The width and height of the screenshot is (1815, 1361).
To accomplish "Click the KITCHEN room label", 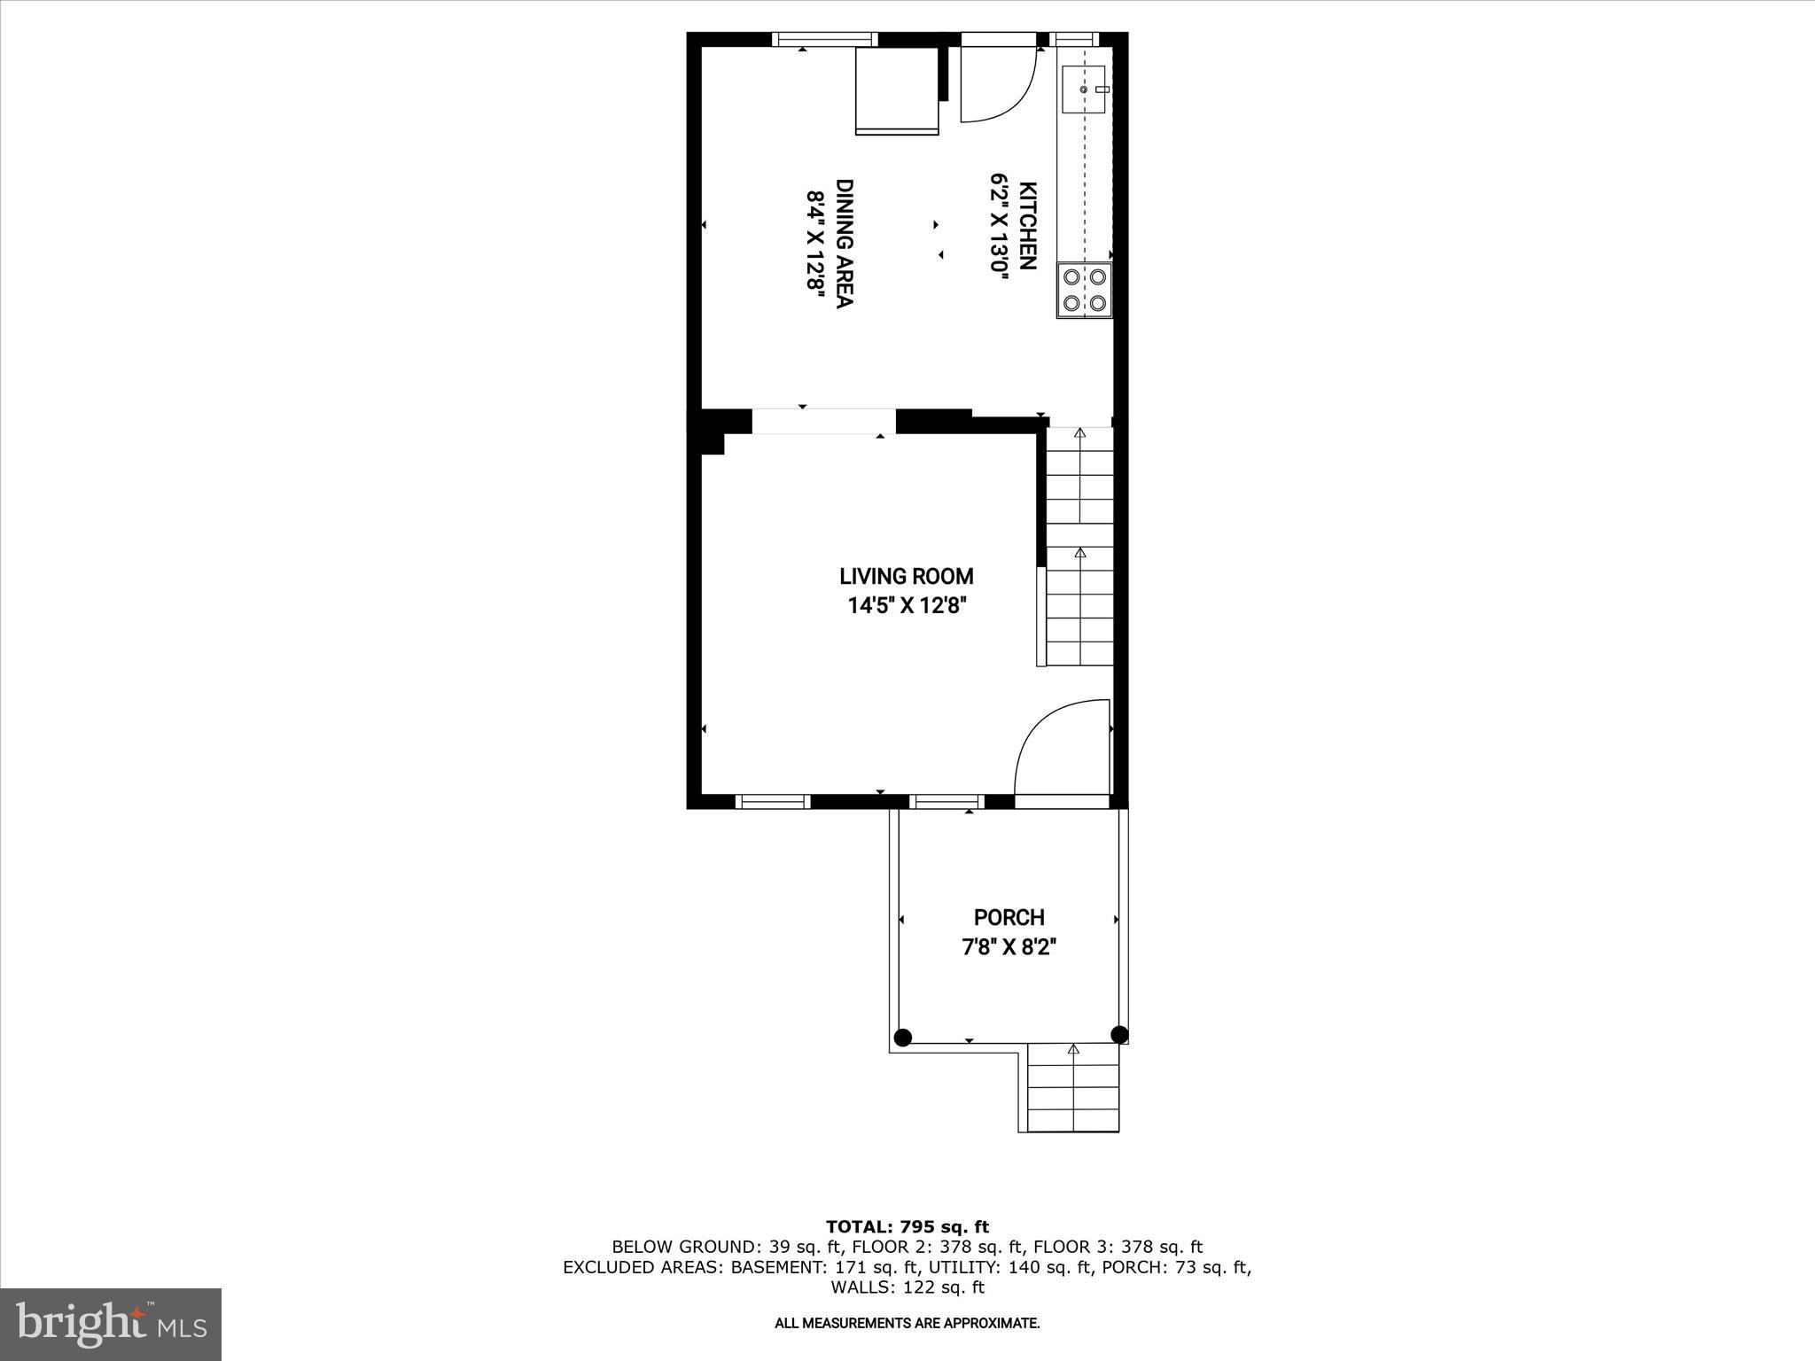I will (x=1028, y=225).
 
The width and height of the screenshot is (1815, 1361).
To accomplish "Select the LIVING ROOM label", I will (x=906, y=577).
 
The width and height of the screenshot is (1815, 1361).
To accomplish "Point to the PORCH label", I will (x=1009, y=917).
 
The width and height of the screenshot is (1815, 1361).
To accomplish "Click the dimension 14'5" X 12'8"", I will (x=906, y=607).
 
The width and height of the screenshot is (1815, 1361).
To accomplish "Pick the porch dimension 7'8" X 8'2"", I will (x=1009, y=947).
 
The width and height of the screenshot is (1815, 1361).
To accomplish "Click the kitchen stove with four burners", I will (x=1085, y=291).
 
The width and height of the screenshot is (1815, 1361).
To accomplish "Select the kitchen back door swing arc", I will (x=1000, y=84).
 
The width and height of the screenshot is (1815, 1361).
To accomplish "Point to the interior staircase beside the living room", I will (x=1079, y=545).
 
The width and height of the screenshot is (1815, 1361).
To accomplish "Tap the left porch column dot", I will (x=902, y=1038).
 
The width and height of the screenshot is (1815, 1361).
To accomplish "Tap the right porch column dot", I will (x=1118, y=1034).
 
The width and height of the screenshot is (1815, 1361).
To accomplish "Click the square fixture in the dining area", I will (x=896, y=90).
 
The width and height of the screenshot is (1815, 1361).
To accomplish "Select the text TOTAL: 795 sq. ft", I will (x=907, y=1227).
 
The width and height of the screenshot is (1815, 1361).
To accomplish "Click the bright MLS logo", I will (x=111, y=1325).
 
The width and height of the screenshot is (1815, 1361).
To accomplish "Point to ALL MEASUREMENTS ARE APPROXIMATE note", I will (x=907, y=1324).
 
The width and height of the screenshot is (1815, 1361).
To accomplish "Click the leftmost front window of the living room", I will (x=773, y=802).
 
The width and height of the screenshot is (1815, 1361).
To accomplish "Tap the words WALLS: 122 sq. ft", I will (x=907, y=1287).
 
